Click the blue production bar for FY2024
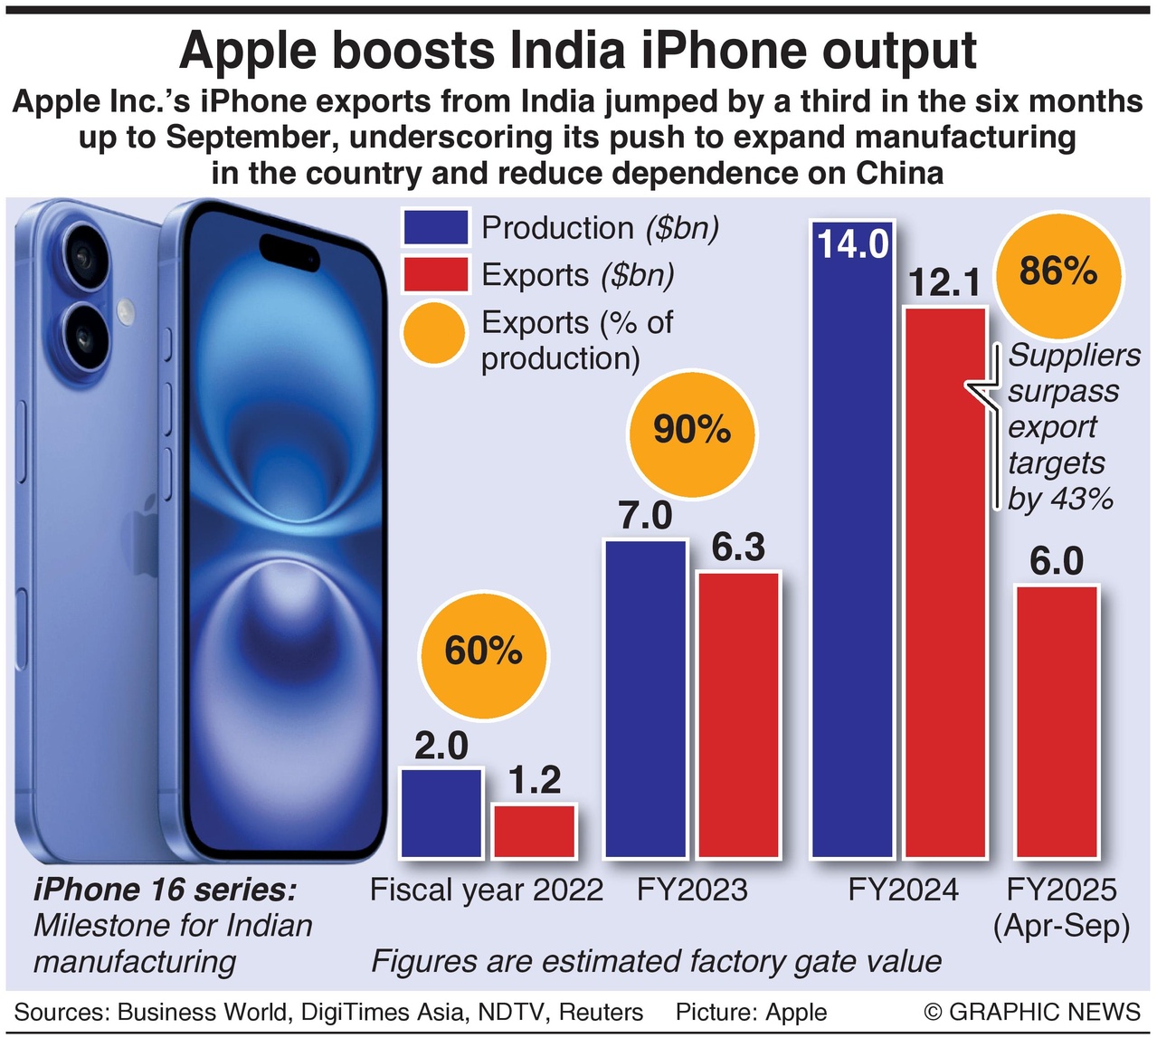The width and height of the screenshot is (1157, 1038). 853,561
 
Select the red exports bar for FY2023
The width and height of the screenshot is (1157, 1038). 738,715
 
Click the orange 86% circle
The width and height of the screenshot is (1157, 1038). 1057,271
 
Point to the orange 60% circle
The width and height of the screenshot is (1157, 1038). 483,652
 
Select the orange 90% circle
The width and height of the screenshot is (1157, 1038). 692,431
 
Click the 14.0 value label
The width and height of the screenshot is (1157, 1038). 853,245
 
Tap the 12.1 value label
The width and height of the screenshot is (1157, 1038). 944,283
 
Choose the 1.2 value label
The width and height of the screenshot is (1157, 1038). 535,780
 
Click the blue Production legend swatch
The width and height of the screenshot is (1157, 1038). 435,227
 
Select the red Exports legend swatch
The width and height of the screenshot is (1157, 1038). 435,274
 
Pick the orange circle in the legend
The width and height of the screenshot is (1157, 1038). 434,333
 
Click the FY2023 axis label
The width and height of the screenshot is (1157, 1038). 692,890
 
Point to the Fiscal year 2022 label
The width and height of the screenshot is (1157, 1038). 487,890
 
